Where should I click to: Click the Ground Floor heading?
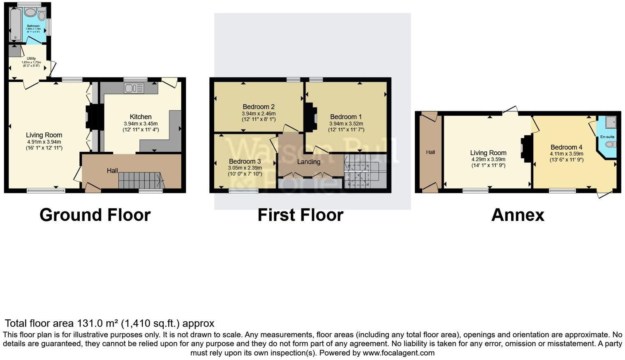(x=95, y=215)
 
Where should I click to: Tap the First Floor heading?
(x=300, y=215)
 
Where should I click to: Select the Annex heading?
(x=518, y=215)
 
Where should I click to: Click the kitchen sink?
(x=134, y=88)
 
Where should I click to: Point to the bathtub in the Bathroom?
(x=15, y=25)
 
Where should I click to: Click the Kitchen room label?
(x=141, y=117)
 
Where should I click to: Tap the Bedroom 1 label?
(x=346, y=117)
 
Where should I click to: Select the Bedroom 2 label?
(x=258, y=107)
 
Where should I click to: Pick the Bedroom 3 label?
(x=245, y=161)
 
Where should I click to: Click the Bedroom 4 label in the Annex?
(x=566, y=147)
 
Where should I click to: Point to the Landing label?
(x=308, y=162)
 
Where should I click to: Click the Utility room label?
(x=31, y=58)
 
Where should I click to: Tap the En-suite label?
(x=607, y=137)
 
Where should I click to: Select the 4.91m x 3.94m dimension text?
(x=44, y=142)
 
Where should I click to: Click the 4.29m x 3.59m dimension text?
(x=488, y=159)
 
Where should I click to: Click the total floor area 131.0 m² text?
(x=109, y=323)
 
